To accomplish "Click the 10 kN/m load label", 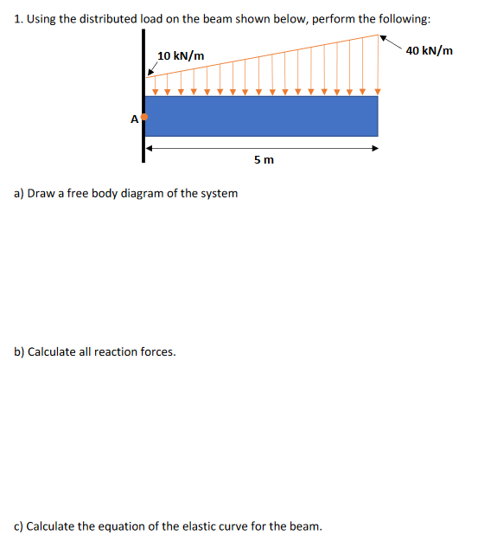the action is pos(181,56).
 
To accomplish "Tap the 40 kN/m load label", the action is pos(429,51).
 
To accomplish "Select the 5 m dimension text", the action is pos(264,160).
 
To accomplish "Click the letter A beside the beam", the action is pos(134,120).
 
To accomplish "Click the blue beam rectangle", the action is pos(261,116).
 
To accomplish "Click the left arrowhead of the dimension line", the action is pos(150,148).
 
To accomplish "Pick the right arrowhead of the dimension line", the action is pos(374,148).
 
